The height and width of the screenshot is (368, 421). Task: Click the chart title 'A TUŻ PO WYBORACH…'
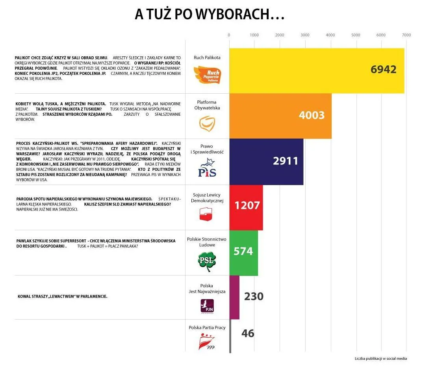(x=210, y=15)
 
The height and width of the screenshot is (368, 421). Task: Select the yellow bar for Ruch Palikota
(x=299, y=71)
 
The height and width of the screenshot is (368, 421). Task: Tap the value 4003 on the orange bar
(x=312, y=115)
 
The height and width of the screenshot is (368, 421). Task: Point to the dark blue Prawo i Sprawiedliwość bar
(x=252, y=161)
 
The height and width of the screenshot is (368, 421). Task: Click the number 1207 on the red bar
(x=247, y=205)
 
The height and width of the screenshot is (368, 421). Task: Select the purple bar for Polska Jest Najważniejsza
(x=234, y=297)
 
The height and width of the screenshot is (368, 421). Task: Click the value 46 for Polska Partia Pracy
(x=248, y=333)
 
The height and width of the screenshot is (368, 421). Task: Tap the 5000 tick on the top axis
(x=356, y=35)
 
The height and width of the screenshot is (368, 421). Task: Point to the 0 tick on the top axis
(x=229, y=35)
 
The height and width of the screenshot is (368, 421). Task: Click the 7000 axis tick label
(x=406, y=35)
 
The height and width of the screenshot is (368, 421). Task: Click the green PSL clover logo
(x=207, y=261)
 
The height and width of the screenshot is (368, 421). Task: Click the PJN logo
(x=207, y=306)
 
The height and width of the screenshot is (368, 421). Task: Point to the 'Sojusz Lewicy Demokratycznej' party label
(x=207, y=198)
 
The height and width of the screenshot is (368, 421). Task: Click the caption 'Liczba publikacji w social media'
(x=380, y=359)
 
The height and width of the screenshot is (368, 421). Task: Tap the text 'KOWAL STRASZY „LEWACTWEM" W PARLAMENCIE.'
(x=63, y=296)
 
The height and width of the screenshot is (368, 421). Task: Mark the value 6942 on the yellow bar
(x=383, y=69)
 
